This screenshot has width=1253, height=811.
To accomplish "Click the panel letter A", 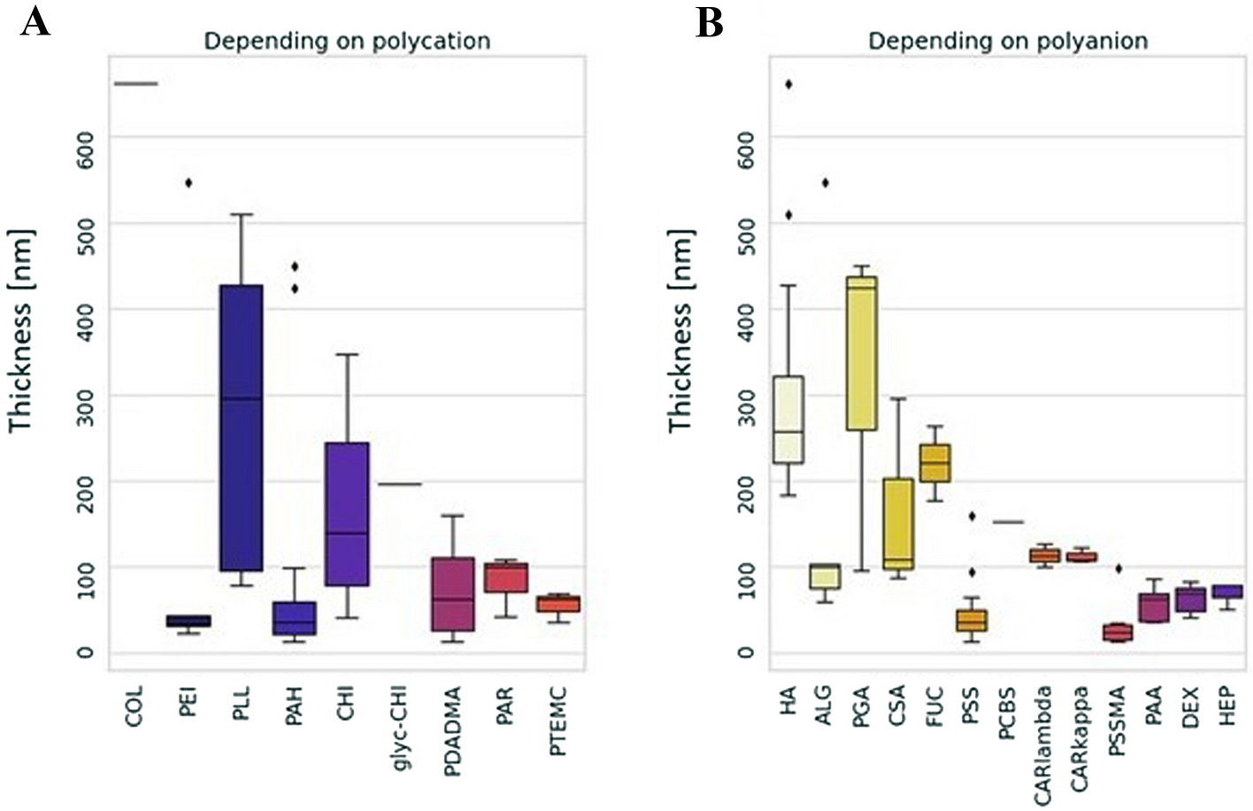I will pos(35,21).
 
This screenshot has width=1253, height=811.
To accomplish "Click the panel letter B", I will pos(710,22).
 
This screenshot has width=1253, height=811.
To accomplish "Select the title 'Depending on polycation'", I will pos(347,41).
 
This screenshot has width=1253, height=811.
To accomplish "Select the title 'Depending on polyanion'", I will pos(1008,41).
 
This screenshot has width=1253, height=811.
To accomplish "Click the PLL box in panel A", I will pos(241,428).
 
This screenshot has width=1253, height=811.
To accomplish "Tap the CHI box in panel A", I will pos(347,514).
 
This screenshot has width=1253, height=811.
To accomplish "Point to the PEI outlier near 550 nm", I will pos(188,183).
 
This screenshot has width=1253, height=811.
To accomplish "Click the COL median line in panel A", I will pos(135,84).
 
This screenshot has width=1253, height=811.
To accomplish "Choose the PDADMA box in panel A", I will pos(453,594).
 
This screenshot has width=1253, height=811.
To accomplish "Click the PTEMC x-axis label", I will pos(558,721).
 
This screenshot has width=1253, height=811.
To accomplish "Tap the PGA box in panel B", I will pos(861,353).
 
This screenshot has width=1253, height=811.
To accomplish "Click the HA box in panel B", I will pos(788,419).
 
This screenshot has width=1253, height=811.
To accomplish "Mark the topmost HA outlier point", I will pos(788,84).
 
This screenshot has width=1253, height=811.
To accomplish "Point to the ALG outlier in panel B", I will pos(825,183).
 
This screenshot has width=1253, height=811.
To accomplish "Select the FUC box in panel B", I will pos(934,463).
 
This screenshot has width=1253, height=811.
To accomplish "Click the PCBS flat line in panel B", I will pos(1007,522).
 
